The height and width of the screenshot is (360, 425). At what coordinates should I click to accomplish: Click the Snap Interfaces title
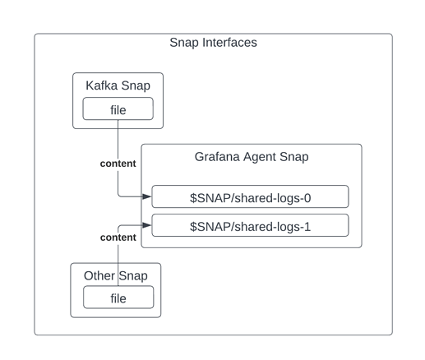(x=213, y=43)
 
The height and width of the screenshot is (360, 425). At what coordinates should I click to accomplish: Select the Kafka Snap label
(x=118, y=85)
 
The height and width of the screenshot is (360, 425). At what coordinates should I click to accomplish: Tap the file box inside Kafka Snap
(x=118, y=108)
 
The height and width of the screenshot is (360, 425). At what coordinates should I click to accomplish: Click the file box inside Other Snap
(x=118, y=298)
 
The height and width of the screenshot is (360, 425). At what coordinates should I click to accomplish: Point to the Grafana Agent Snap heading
(x=252, y=157)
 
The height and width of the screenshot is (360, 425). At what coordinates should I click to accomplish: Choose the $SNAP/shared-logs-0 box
(x=250, y=196)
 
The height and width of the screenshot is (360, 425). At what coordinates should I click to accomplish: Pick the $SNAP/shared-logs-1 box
(x=250, y=225)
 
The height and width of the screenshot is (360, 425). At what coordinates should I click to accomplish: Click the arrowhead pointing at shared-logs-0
(x=147, y=196)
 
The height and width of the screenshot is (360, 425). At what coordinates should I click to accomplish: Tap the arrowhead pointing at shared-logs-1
(x=147, y=225)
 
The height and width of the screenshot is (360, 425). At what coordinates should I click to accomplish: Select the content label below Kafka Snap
(x=118, y=164)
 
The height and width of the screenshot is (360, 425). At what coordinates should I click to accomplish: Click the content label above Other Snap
(x=118, y=238)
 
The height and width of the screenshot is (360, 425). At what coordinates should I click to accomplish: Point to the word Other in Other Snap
(x=99, y=276)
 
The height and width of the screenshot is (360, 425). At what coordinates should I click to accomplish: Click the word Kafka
(x=102, y=85)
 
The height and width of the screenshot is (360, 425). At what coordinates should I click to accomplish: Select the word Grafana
(x=217, y=157)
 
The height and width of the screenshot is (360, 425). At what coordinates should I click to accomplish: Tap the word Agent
(x=260, y=158)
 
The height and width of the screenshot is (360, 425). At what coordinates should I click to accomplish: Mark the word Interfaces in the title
(x=229, y=43)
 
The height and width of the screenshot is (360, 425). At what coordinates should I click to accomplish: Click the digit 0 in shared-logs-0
(x=307, y=198)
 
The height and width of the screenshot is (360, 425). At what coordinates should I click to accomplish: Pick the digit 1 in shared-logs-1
(x=307, y=227)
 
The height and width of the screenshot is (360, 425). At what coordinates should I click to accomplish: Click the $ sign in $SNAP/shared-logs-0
(x=193, y=198)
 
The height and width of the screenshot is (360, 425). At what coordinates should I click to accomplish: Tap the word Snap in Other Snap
(x=133, y=276)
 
